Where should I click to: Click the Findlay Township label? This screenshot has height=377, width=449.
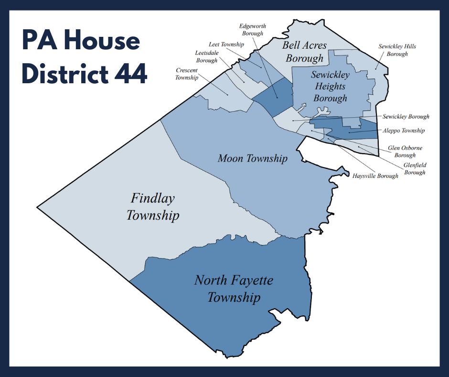pos(152,207)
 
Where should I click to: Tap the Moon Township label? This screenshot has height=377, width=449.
pos(252,158)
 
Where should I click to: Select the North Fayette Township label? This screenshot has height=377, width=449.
pos(234,288)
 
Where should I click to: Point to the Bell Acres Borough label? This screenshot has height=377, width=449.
pos(304,52)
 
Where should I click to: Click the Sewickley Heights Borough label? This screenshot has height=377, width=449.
pos(330,87)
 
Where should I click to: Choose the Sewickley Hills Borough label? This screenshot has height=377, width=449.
pos(397,50)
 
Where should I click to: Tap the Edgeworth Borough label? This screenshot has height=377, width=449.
pos(253,30)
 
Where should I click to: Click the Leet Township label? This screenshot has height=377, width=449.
pos(226,44)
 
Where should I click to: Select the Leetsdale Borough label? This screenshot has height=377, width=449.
pos(206,56)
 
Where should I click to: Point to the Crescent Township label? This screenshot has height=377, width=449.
pos(186,74)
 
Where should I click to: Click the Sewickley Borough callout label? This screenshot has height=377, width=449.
pos(406,116)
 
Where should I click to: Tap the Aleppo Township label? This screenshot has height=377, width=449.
pos(403,130)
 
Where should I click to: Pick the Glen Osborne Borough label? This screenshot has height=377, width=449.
pos(405,152)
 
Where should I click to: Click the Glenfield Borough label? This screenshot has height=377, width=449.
pos(415,168)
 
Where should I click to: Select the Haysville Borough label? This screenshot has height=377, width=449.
pos(375,176)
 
